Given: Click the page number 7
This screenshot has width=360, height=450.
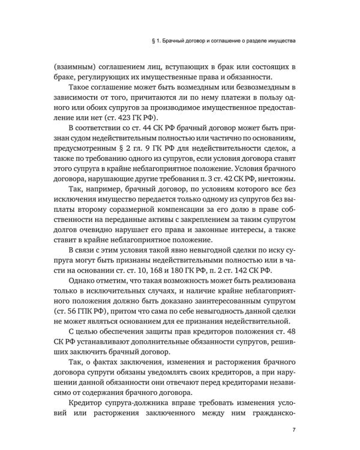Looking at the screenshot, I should pos(293,430).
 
